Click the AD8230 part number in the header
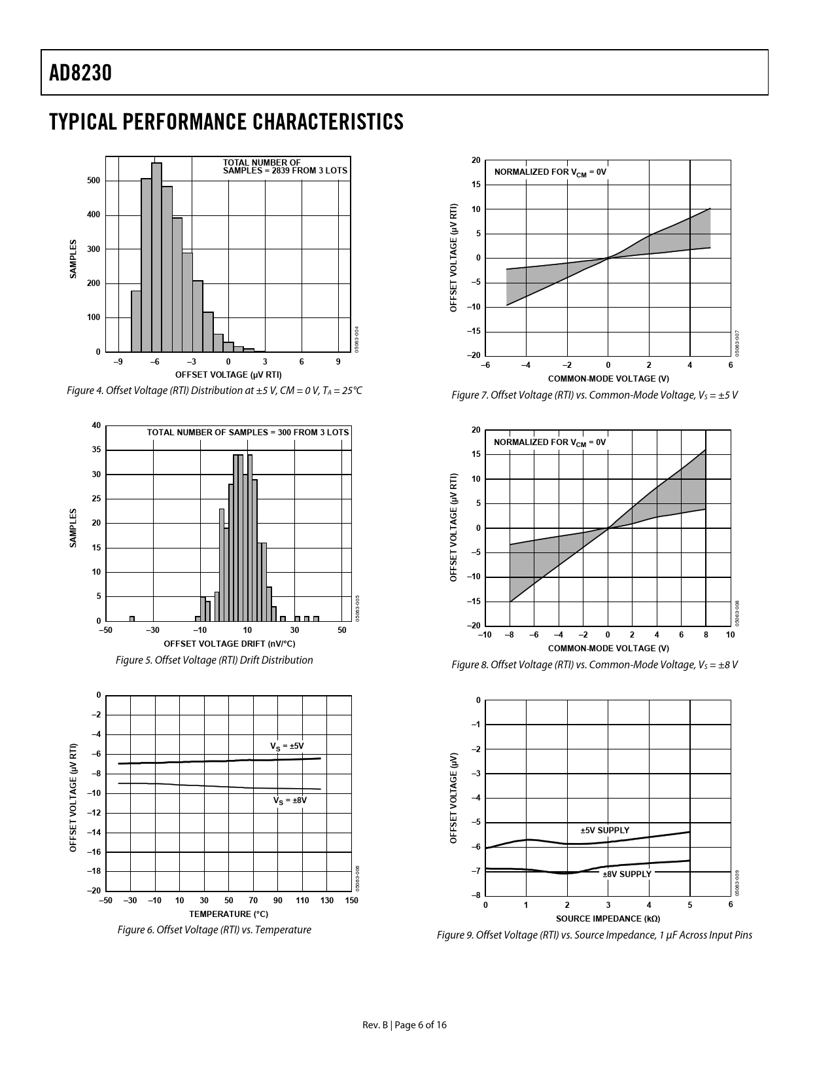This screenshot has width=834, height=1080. tap(80, 73)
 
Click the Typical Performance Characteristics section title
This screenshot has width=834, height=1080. tap(226, 122)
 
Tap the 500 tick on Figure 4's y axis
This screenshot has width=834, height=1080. tap(94, 181)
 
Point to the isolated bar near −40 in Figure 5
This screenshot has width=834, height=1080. tap(132, 618)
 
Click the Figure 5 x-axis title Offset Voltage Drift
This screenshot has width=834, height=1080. tap(229, 643)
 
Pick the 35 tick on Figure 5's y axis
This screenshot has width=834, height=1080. tap(96, 450)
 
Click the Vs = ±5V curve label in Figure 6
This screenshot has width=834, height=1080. tap(287, 746)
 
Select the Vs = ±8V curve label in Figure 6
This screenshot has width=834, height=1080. tap(290, 800)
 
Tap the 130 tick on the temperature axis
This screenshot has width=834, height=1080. tap(327, 901)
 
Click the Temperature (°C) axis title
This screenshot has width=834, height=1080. tap(228, 914)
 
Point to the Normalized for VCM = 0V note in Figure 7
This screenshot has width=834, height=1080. tap(550, 172)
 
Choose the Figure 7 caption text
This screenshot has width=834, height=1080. tap(595, 395)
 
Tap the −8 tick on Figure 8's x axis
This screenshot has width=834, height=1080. tap(510, 635)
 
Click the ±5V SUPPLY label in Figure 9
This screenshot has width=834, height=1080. tap(604, 830)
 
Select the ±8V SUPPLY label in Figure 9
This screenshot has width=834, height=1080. tap(627, 874)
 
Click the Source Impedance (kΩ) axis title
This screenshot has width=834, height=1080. tap(608, 918)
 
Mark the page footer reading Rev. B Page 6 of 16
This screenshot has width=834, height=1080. tap(405, 1025)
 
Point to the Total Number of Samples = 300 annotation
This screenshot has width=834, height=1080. tap(247, 433)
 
